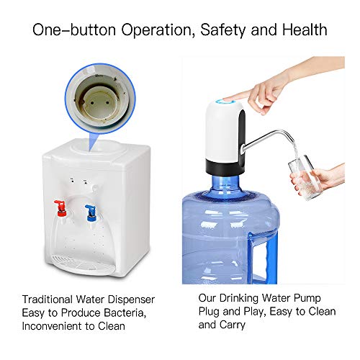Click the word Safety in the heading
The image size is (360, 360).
coord(216,30)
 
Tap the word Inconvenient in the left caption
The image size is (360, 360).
coord(54,325)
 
